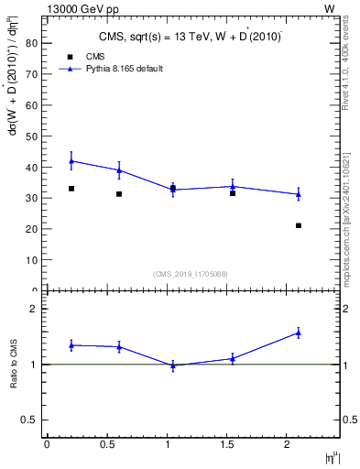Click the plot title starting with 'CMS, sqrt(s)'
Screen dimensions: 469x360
pos(191,37)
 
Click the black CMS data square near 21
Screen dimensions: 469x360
pos(299,225)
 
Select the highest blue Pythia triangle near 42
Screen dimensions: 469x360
pos(71,160)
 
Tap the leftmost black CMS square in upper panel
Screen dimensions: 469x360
pos(71,189)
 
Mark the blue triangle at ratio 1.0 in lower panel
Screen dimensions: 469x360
pos(173,365)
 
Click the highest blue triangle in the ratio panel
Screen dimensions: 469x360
pos(299,333)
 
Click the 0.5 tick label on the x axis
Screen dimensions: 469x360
pos(107,443)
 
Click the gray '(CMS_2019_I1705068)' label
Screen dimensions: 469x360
pos(191,274)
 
